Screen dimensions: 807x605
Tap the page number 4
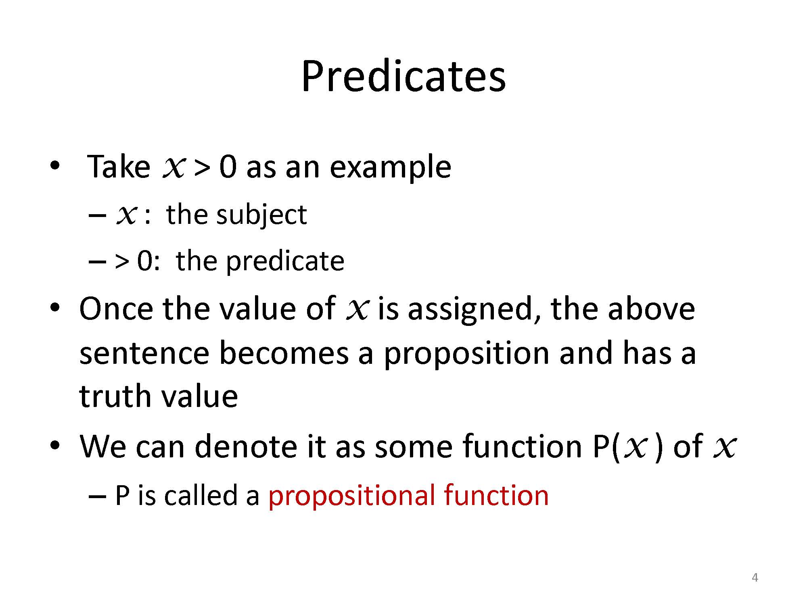click(755, 578)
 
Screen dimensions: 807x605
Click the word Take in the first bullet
click(119, 166)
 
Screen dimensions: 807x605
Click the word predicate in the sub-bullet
click(285, 261)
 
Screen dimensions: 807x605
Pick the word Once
click(116, 309)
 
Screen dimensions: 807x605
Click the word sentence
click(144, 353)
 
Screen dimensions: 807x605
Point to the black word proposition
click(466, 354)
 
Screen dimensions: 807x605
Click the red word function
click(496, 495)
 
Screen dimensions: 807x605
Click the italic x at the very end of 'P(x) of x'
click(725, 448)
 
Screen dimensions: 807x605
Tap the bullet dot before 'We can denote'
click(55, 445)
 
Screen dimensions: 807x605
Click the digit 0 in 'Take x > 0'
click(228, 167)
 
